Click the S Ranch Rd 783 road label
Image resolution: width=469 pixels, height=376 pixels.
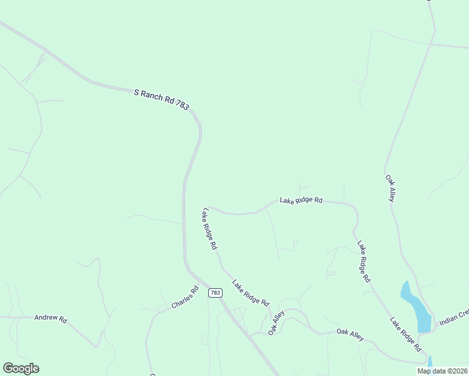point(161,100)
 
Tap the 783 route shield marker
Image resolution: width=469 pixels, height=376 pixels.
point(215,293)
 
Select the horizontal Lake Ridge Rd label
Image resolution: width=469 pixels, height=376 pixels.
point(301,201)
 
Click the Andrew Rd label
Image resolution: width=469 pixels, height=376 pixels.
point(50,318)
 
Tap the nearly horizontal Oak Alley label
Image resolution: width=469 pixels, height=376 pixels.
point(350,334)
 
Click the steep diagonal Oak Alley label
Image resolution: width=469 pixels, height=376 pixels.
point(277,322)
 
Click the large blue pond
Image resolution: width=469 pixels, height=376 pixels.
point(415,307)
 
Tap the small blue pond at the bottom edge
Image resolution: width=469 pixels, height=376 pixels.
point(430,362)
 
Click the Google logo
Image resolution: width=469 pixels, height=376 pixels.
point(21,368)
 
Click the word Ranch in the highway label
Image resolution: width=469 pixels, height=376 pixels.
point(152,97)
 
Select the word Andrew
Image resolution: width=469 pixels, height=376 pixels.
point(46,318)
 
